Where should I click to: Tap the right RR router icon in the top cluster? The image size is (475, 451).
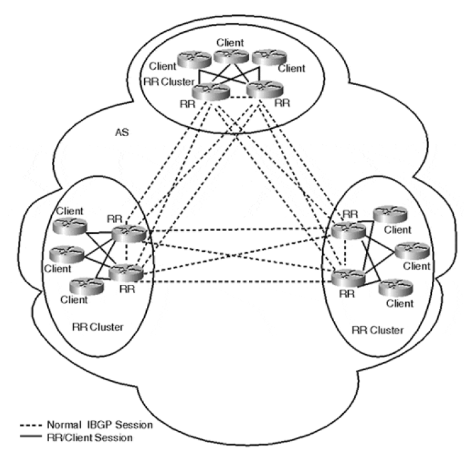point(260,90)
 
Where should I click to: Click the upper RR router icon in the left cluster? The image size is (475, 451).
point(127,234)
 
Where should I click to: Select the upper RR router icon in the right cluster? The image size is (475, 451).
point(348,230)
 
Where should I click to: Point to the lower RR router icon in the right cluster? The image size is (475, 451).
point(349,277)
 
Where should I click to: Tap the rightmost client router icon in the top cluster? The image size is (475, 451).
point(264,56)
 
